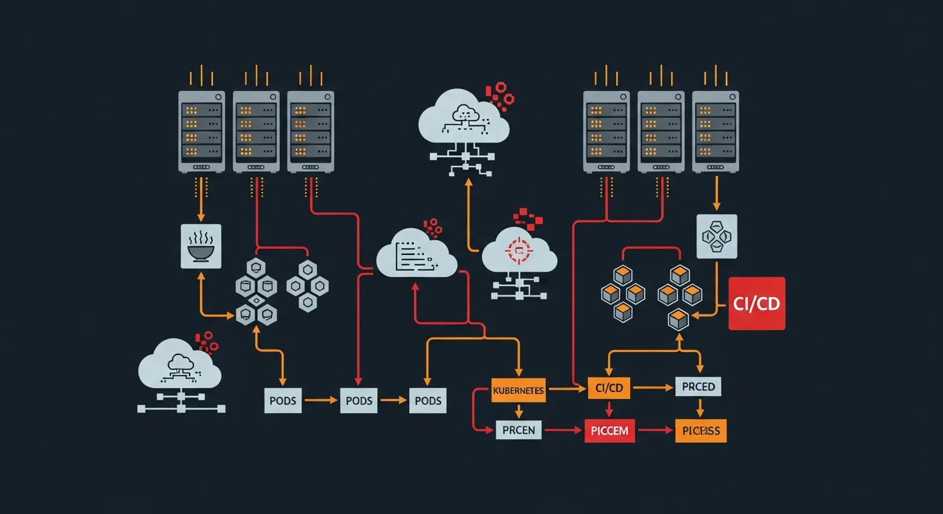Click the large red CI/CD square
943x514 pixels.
click(x=756, y=303)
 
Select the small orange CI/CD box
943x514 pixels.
click(x=609, y=388)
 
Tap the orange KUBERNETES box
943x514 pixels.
click(x=518, y=390)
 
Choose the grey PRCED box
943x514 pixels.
click(x=699, y=387)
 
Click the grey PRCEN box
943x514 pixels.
click(x=519, y=430)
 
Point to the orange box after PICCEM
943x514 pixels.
click(x=701, y=430)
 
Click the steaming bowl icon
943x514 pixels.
click(x=201, y=246)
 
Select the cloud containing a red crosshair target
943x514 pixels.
click(x=519, y=252)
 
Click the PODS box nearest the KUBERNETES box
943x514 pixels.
click(x=427, y=400)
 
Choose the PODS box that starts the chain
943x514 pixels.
click(x=283, y=400)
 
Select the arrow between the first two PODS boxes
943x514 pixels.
click(x=321, y=400)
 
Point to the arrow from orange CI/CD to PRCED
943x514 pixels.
click(x=653, y=387)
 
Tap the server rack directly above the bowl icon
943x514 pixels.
click(x=201, y=131)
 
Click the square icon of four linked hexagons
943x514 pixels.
click(x=717, y=236)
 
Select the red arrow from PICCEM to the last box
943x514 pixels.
click(x=655, y=430)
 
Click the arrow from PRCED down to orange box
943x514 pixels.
click(x=700, y=408)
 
